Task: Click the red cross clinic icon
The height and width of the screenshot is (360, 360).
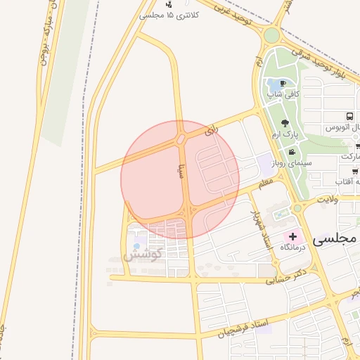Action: [292, 238]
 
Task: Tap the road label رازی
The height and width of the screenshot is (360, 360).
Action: [212, 131]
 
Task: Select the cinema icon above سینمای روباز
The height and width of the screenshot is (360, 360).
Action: [292, 152]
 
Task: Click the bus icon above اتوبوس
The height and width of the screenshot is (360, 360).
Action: [349, 117]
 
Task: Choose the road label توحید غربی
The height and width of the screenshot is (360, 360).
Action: [233, 17]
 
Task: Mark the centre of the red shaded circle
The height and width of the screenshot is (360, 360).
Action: [180, 179]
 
